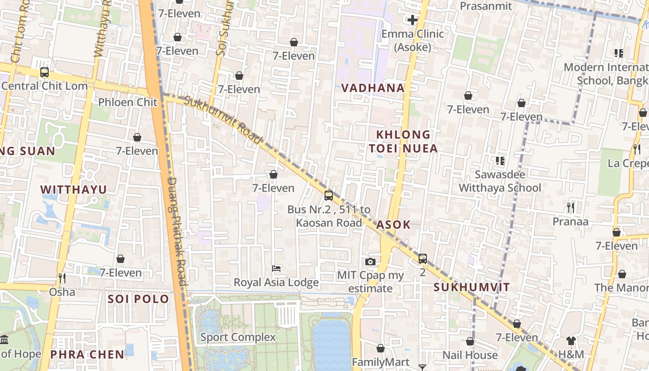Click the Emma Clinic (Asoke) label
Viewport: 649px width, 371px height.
pos(412,40)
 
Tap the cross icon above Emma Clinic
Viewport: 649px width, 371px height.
pos(412,20)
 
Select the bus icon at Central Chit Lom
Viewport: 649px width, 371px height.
pos(45,72)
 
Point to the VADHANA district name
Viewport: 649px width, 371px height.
pos(373,88)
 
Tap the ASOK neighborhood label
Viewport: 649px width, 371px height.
pos(393,225)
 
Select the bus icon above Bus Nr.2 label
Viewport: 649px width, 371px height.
pos(329,196)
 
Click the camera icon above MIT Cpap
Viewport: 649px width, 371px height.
pos(370,262)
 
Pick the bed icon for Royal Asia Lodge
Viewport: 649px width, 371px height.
pos(276,269)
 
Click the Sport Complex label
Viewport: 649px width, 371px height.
pos(238,337)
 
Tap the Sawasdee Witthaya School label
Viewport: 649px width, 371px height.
pos(500,181)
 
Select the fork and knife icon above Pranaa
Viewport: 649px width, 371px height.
pos(571,208)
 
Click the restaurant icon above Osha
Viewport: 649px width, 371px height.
pos(62,278)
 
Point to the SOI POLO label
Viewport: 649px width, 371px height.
pos(138,299)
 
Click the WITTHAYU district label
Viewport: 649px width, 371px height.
pos(73,189)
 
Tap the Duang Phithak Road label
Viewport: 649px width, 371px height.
pos(177,232)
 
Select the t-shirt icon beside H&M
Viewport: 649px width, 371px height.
pos(571,341)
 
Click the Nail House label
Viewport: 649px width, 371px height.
pos(470,355)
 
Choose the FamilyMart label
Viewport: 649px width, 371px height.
pos(380,362)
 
